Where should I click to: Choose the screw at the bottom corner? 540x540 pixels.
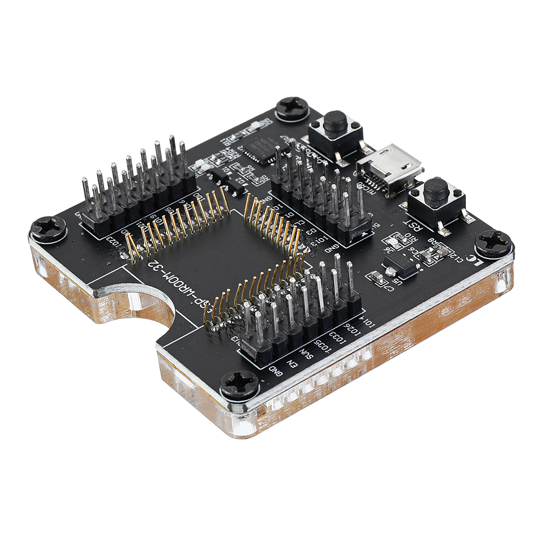click(x=239, y=384)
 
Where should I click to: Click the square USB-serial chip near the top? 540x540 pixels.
click(x=259, y=146)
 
